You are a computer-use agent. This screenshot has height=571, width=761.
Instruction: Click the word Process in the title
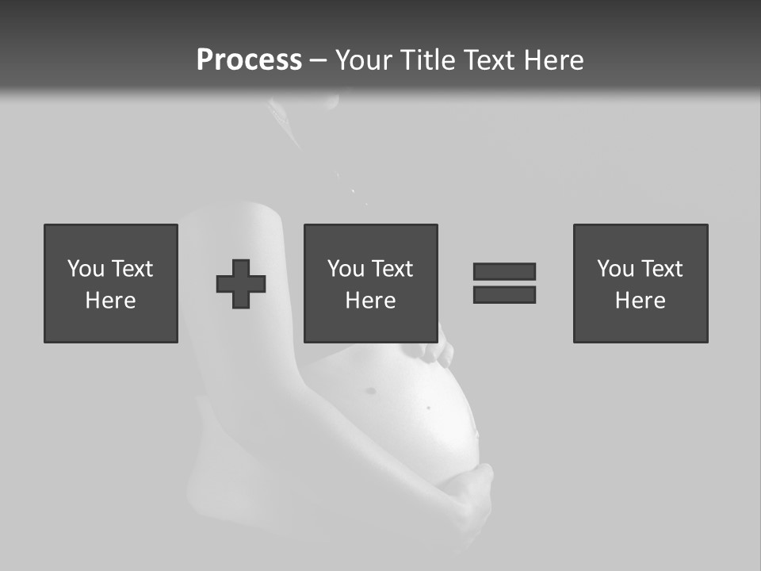tap(249, 60)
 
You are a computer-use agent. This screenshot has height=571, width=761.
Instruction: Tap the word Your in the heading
tap(365, 60)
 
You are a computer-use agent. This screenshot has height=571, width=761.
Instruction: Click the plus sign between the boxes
tap(241, 284)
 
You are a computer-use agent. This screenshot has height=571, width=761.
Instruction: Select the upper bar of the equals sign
tap(504, 271)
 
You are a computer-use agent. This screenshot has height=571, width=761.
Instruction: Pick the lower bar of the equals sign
tap(504, 294)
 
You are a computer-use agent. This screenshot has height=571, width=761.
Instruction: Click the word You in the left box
tap(86, 269)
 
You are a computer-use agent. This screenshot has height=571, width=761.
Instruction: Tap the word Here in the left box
tap(110, 301)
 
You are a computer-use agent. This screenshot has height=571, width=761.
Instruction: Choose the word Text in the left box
tap(132, 269)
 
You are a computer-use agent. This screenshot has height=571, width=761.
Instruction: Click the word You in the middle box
tap(346, 269)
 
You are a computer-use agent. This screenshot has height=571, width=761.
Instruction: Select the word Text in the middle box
tap(392, 269)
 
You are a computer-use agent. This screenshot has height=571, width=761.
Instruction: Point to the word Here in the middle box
tap(370, 301)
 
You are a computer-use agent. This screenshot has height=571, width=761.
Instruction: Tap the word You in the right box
tap(616, 269)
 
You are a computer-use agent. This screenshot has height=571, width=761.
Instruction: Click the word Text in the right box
tap(661, 269)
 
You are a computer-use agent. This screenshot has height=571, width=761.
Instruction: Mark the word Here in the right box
tap(640, 301)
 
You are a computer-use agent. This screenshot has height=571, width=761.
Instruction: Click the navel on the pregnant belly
tap(370, 390)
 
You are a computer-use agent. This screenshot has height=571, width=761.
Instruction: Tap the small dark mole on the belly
tap(429, 408)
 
